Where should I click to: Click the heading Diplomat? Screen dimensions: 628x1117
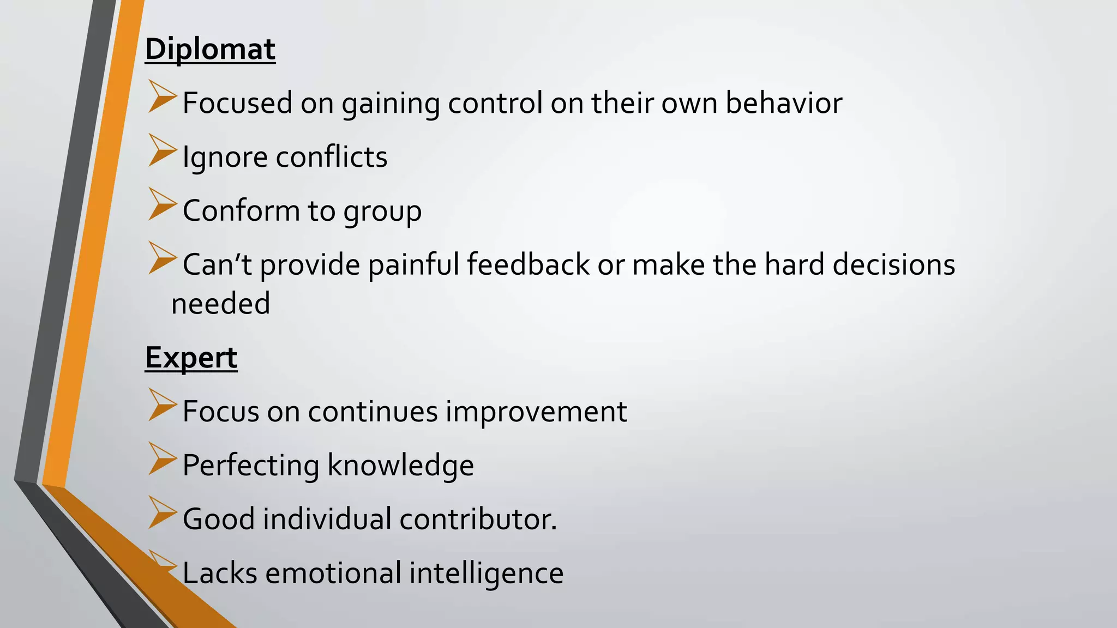210,49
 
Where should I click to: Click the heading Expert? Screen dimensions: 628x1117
191,358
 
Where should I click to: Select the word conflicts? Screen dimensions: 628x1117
332,157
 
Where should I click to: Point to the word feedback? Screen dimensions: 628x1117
528,264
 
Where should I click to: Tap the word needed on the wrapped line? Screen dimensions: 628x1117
221,304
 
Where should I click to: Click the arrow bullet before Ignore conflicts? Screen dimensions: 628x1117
162,150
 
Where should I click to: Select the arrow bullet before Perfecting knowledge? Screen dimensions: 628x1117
162,458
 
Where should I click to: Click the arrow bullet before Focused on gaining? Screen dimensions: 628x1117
162,96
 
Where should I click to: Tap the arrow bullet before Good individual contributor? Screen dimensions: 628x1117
162,512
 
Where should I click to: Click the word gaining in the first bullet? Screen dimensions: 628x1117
391,104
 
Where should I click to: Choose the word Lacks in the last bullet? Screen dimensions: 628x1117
219,573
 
